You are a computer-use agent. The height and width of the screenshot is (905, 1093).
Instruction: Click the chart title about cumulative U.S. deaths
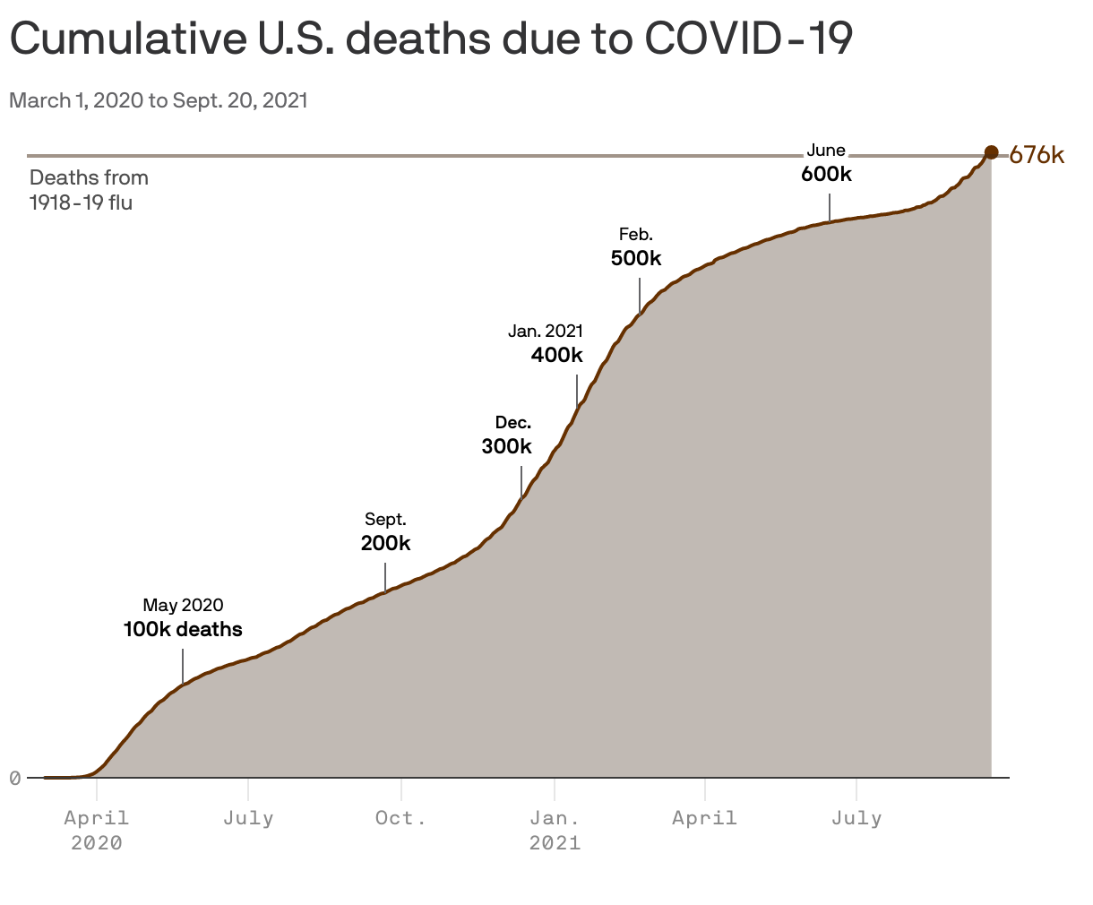[x=430, y=39]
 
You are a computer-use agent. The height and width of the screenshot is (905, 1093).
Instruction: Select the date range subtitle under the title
[x=159, y=100]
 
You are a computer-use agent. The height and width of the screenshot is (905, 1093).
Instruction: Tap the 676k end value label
[x=1037, y=155]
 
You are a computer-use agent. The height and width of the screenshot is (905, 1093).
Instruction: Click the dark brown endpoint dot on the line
[x=991, y=152]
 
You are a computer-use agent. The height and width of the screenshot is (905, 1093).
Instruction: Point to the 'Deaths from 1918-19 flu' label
[x=89, y=190]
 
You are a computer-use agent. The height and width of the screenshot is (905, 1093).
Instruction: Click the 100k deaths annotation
[x=183, y=629]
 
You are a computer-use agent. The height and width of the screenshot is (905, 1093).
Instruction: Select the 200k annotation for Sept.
[x=385, y=543]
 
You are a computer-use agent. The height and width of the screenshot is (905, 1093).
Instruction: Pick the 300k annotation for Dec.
[x=506, y=446]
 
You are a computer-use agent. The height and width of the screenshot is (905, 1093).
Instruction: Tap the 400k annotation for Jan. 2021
[x=556, y=355]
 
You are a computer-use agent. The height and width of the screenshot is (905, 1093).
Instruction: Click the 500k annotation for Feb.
[x=636, y=259]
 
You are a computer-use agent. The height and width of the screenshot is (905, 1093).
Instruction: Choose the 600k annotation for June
[x=826, y=174]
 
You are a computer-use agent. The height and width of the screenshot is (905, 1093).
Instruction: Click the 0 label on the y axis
[x=15, y=778]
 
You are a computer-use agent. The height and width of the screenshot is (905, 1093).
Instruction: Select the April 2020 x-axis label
[x=97, y=830]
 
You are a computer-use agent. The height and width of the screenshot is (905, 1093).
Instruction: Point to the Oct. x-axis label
[x=400, y=818]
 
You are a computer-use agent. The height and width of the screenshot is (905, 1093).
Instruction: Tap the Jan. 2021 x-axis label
[x=555, y=830]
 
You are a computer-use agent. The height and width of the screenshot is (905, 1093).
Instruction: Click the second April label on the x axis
[x=705, y=818]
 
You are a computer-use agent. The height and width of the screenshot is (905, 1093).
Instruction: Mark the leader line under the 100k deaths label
[x=183, y=666]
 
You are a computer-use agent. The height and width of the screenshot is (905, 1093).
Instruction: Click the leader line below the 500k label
[x=640, y=295]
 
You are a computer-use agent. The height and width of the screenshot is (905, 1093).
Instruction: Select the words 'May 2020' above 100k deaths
[x=183, y=605]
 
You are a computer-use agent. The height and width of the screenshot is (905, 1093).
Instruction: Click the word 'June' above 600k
[x=826, y=151]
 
